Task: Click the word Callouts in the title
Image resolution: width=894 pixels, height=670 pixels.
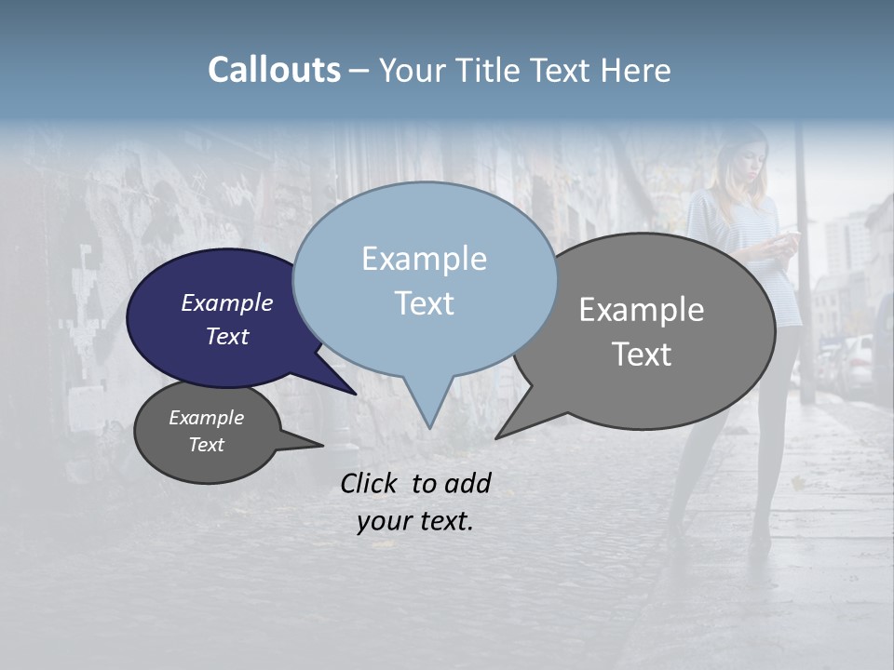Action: pos(274,70)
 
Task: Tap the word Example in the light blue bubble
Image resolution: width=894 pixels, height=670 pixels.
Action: pos(424,259)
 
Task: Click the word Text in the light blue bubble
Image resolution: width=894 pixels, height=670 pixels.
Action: pos(424,303)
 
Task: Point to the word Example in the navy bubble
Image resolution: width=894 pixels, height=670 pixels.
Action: pos(226,302)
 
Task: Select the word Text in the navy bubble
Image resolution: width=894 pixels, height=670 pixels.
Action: pos(226,336)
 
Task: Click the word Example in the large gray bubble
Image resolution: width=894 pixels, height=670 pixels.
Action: pos(642,310)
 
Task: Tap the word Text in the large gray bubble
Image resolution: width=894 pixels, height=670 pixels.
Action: pos(642,355)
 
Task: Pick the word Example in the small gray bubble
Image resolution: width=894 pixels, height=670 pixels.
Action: pos(206,418)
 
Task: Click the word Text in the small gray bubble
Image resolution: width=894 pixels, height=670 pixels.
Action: pos(206,445)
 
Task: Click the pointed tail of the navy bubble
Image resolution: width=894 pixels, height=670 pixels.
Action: pos(354,393)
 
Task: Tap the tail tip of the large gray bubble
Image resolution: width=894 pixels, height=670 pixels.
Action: pos(497,436)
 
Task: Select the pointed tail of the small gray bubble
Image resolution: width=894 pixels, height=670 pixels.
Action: pos(320,446)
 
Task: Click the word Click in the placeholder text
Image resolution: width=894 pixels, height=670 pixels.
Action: pos(371,483)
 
